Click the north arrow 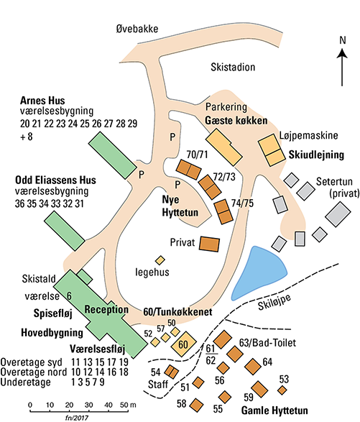click(342, 68)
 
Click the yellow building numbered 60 click(184, 344)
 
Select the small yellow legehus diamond click(160, 260)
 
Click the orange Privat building click(209, 244)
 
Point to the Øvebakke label click(137, 29)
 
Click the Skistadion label click(233, 67)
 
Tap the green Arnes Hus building click(113, 155)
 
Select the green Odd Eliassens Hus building click(65, 231)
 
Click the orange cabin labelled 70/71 click(188, 170)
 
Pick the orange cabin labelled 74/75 click(223, 212)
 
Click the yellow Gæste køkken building click(224, 147)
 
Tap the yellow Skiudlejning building click(272, 150)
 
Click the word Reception click(106, 310)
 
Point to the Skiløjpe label click(274, 302)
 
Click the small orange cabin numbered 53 click(282, 390)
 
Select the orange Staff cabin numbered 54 click(172, 372)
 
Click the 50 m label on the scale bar click(128, 405)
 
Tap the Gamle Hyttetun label click(274, 410)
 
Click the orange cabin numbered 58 click(196, 405)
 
